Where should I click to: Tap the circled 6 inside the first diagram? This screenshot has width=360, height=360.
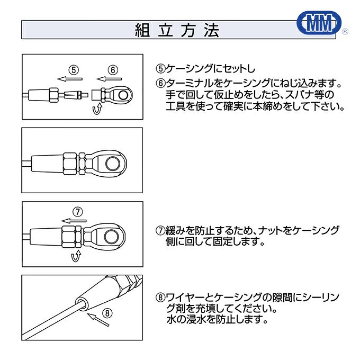[112, 70]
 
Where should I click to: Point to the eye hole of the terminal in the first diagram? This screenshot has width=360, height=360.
[123, 96]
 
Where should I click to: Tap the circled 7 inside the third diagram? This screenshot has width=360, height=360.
[78, 212]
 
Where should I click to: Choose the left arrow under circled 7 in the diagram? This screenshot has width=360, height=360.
[74, 221]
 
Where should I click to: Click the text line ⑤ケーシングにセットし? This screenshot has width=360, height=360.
[205, 69]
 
